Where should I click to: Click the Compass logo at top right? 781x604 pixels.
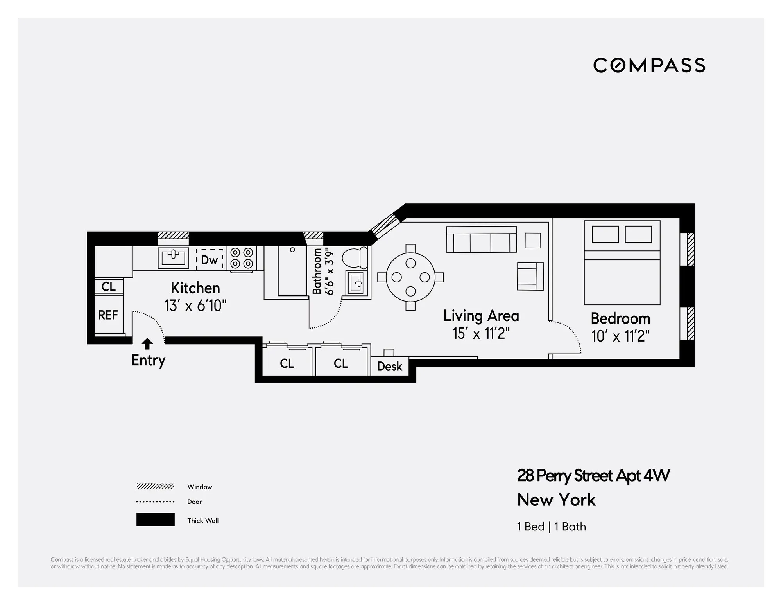tap(649, 65)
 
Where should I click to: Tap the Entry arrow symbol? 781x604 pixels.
tap(147, 343)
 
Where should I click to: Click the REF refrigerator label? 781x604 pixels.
tap(108, 315)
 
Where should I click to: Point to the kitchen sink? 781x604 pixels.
tap(173, 258)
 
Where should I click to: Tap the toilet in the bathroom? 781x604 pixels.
tap(355, 257)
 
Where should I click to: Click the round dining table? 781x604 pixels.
tap(410, 277)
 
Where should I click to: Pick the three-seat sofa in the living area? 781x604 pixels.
tap(481, 239)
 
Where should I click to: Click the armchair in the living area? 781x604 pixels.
tap(530, 276)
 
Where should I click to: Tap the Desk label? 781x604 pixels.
tap(389, 367)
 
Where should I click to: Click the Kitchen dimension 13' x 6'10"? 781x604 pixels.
tap(195, 306)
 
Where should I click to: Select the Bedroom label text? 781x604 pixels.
tap(620, 318)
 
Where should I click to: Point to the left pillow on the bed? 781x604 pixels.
tap(605, 234)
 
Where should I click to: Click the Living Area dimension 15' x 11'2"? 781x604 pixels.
tap(481, 334)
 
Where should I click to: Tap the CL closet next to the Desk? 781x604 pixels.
tap(340, 363)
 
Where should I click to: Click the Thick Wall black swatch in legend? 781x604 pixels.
tap(155, 520)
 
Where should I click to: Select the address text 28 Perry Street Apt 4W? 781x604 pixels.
tap(593, 476)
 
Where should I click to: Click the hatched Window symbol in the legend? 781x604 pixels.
tap(155, 487)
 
